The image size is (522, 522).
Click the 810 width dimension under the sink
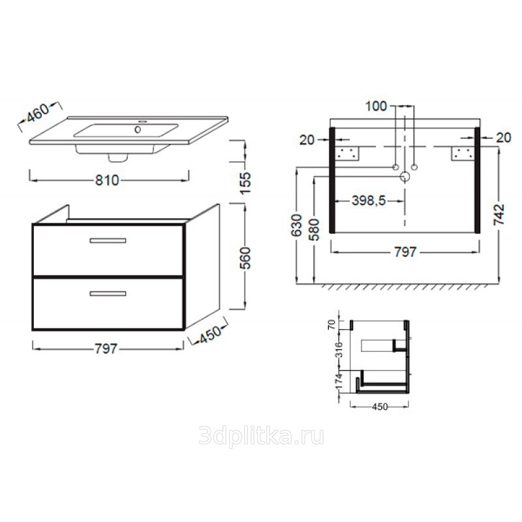[x=107, y=180]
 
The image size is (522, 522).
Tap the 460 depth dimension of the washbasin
[x=38, y=112]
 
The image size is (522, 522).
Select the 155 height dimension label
[x=245, y=183]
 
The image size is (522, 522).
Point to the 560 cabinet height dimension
[x=245, y=258]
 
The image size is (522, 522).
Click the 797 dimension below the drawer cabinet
[x=106, y=349]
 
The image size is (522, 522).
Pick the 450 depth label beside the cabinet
[x=209, y=335]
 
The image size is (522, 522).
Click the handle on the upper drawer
[x=108, y=240]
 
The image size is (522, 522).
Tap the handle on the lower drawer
[x=108, y=293]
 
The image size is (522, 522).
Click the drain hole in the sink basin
[x=138, y=129]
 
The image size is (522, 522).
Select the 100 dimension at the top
[x=376, y=106]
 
